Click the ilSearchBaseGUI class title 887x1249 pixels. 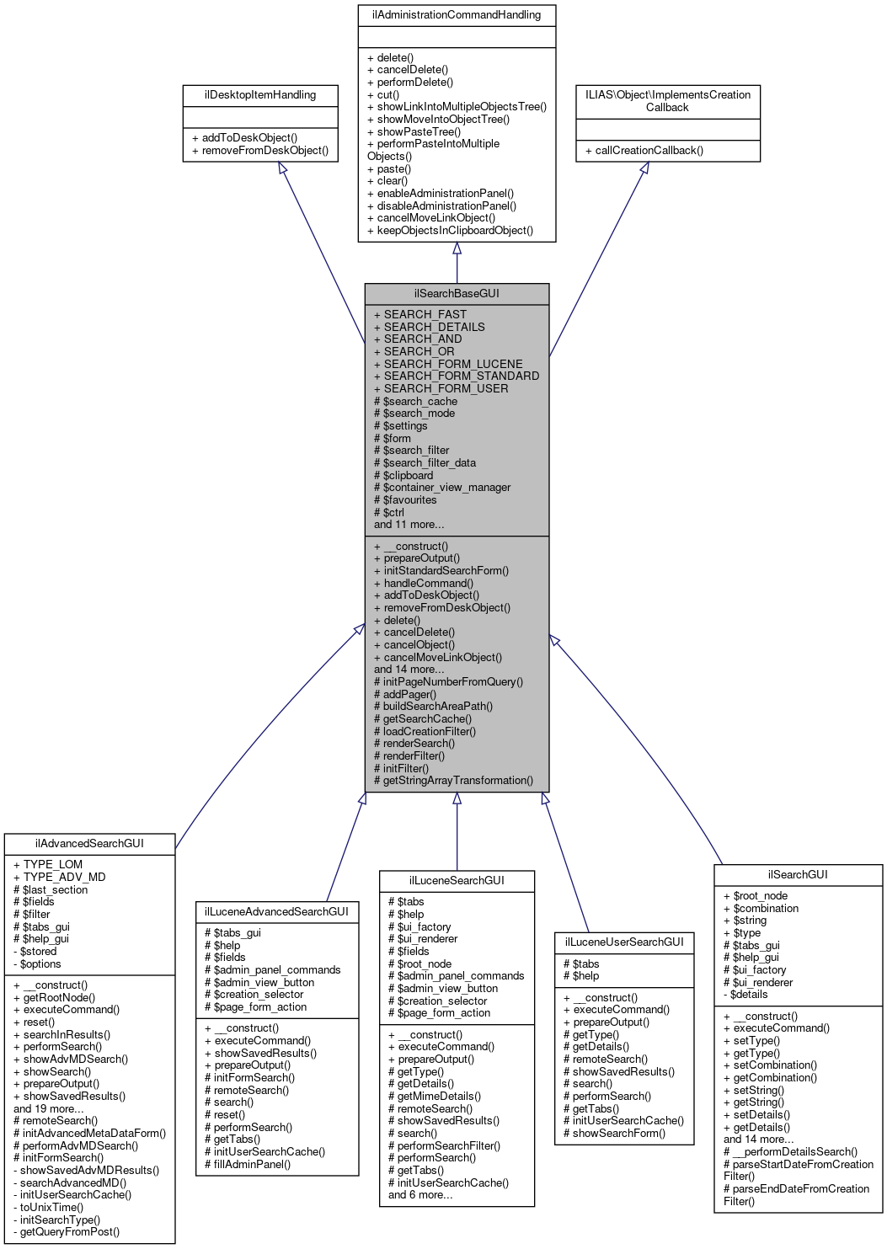(x=457, y=293)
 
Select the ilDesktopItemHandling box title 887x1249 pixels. (x=260, y=95)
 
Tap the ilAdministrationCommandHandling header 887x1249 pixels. (x=457, y=15)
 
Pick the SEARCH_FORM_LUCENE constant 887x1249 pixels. (x=453, y=364)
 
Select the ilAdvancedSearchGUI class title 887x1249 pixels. (x=89, y=843)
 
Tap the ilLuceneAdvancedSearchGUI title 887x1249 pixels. (x=277, y=911)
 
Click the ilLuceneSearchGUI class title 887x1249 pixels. (x=457, y=880)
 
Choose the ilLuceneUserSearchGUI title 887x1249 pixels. (x=624, y=942)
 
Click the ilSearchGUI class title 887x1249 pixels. (x=798, y=874)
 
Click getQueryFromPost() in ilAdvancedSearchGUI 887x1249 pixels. (x=70, y=1231)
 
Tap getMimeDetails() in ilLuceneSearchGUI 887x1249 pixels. (x=439, y=1097)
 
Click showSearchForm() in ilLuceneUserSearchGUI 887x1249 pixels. (x=619, y=1133)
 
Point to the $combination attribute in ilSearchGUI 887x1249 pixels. (x=766, y=908)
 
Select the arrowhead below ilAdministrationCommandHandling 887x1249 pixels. (x=457, y=248)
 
